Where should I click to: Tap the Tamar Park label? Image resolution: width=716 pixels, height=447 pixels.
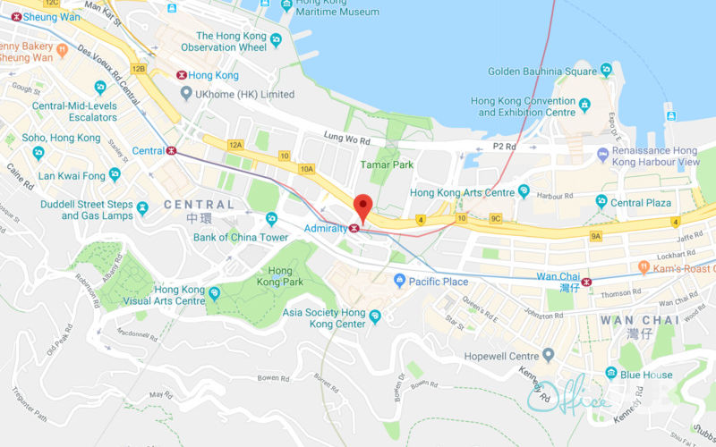(387, 164)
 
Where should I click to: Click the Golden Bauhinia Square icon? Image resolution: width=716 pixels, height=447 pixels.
(607, 71)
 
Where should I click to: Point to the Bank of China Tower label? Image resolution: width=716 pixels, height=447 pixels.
(241, 237)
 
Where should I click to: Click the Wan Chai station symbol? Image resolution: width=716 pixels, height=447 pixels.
(586, 283)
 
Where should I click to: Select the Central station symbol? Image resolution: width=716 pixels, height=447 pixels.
(170, 151)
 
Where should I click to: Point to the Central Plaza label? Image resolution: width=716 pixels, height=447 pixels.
(640, 203)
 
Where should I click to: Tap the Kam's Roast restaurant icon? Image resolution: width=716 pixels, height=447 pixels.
(643, 267)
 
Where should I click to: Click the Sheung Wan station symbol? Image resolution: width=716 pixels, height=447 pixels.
(16, 16)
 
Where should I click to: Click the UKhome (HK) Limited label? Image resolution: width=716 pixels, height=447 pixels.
(245, 94)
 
